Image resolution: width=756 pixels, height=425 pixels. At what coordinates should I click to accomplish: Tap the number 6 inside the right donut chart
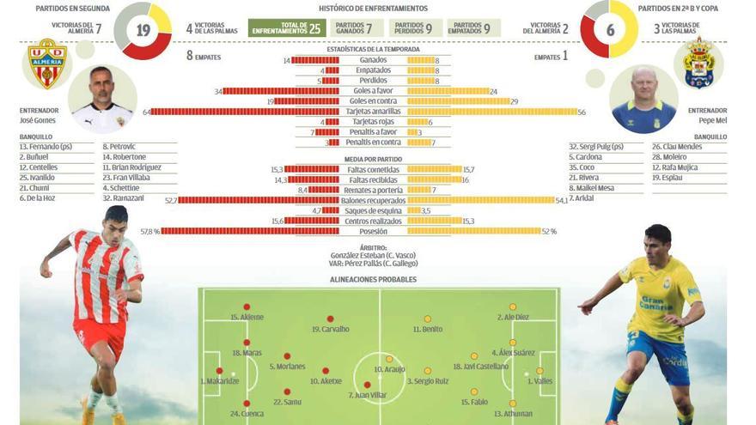pos(610,29)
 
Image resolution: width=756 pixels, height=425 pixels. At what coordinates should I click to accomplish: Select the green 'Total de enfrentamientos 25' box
pos(287,28)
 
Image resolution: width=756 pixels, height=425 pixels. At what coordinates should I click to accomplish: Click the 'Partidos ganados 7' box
pos(352,28)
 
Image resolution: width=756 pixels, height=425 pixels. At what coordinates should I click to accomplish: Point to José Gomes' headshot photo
pos(102,100)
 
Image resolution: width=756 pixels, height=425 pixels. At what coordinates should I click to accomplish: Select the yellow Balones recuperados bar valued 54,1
pos(481,200)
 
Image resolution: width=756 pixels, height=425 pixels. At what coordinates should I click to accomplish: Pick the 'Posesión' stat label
pos(373,231)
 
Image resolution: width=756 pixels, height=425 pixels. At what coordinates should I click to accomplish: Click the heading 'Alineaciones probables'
pos(373,280)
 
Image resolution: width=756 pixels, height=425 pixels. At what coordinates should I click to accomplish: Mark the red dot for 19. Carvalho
pos(329,319)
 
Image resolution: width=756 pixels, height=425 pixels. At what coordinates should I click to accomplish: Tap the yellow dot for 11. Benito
pos(427,319)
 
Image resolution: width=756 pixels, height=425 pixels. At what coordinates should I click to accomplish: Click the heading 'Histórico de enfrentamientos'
pos(373,8)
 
